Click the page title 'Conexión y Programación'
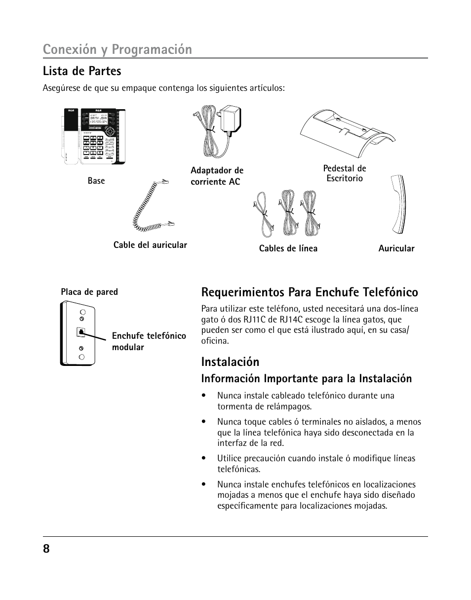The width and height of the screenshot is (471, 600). (118, 49)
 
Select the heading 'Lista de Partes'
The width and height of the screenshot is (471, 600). (82, 71)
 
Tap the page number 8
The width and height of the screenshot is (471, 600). (46, 549)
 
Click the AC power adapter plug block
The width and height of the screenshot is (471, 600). (230, 120)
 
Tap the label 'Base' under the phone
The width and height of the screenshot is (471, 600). (96, 181)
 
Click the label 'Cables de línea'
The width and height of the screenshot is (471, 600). (288, 248)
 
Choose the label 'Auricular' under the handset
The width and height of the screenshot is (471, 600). (396, 248)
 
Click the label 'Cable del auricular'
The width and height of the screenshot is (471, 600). (150, 245)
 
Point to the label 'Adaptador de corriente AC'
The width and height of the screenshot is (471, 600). (217, 176)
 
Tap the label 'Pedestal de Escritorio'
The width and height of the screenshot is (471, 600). (345, 173)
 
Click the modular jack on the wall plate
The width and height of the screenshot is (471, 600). (80, 332)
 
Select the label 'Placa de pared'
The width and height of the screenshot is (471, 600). (89, 292)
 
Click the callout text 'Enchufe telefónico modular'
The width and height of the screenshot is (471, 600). (149, 341)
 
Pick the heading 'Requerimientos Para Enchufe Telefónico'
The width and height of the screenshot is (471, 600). (310, 292)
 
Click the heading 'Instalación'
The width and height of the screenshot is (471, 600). (230, 362)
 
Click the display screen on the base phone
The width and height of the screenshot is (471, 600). (98, 120)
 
